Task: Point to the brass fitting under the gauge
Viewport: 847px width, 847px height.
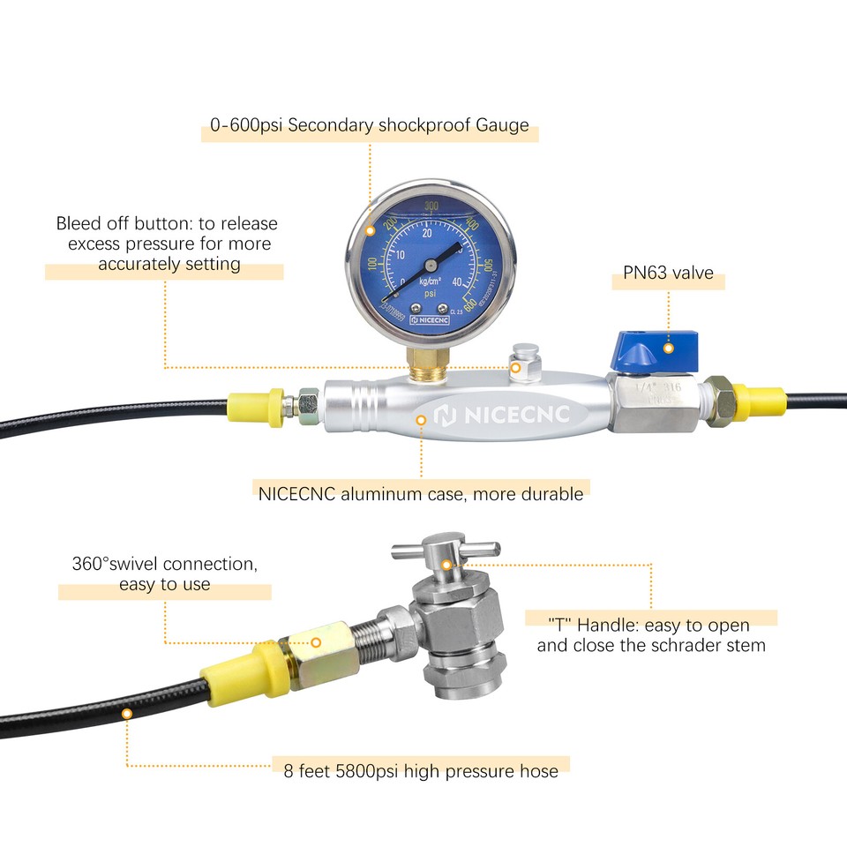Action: point(426,360)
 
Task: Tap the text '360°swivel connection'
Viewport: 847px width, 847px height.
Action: point(164,563)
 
